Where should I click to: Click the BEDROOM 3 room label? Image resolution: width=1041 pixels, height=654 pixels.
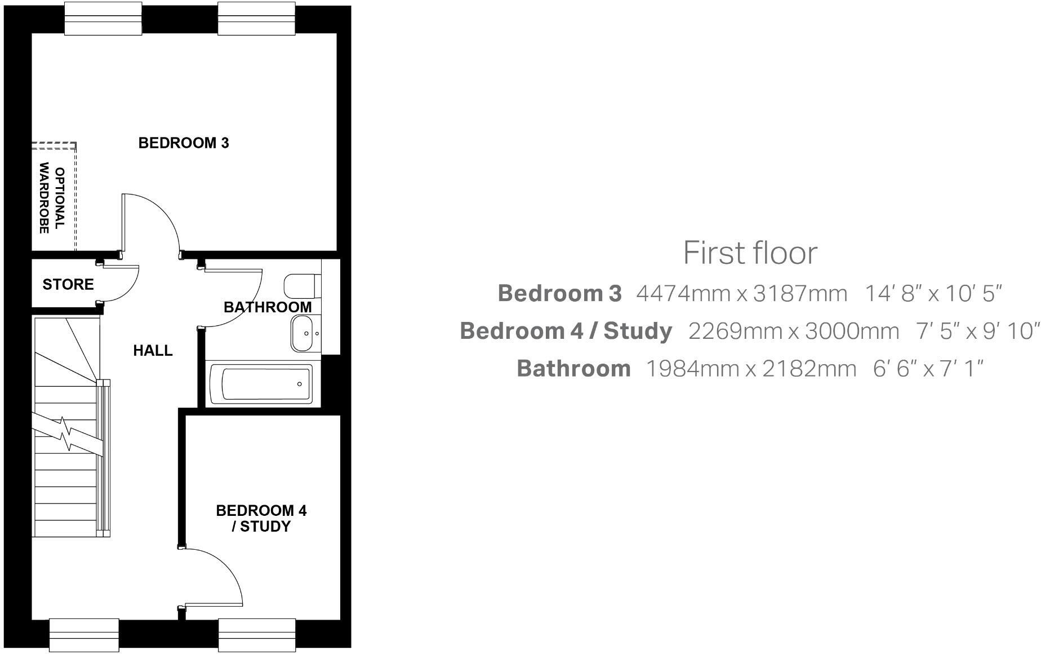pos(184,143)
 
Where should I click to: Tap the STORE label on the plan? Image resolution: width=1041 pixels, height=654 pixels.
pos(68,284)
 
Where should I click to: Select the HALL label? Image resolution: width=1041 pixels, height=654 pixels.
pos(153,351)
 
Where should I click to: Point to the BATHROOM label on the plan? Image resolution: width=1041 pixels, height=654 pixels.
pos(268,307)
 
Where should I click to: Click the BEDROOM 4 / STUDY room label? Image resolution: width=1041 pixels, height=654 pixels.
pos(261,519)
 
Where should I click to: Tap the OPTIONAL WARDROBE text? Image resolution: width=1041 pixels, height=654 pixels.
pos(52,198)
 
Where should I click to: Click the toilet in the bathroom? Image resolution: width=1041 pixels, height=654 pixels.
pos(301,286)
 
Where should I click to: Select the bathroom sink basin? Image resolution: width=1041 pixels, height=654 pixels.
pos(304,333)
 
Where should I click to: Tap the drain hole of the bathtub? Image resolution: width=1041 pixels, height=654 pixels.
pos(299,384)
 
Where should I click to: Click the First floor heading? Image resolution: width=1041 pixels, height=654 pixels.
pos(750,253)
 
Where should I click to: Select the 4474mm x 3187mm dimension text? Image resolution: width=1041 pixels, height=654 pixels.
pos(741,294)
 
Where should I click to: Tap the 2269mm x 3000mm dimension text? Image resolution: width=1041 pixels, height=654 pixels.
pos(793,331)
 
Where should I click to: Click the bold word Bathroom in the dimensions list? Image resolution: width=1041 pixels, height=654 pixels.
pos(573,369)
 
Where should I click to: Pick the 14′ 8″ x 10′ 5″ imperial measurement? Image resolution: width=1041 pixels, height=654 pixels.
pos(933,294)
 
